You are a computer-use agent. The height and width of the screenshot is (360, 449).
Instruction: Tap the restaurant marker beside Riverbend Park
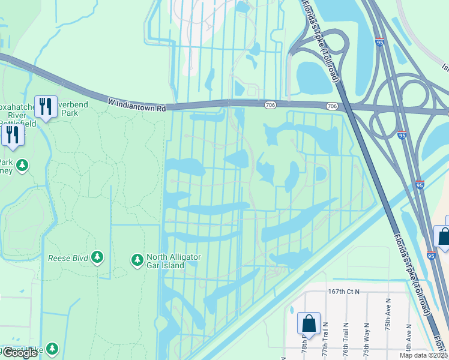click(46, 107)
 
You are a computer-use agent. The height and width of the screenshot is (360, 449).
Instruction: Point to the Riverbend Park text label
click(69, 108)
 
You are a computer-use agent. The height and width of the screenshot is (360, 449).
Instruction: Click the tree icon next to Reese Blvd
click(97, 258)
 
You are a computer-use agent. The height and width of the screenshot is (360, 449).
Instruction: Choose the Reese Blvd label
click(68, 259)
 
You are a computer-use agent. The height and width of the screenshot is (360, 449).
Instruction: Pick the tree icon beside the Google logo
click(52, 348)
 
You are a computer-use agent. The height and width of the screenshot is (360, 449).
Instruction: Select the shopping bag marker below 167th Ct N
click(309, 323)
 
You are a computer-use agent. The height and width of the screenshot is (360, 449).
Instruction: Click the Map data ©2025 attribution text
click(423, 356)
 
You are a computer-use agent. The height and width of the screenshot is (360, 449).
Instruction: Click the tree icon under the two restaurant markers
click(23, 164)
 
